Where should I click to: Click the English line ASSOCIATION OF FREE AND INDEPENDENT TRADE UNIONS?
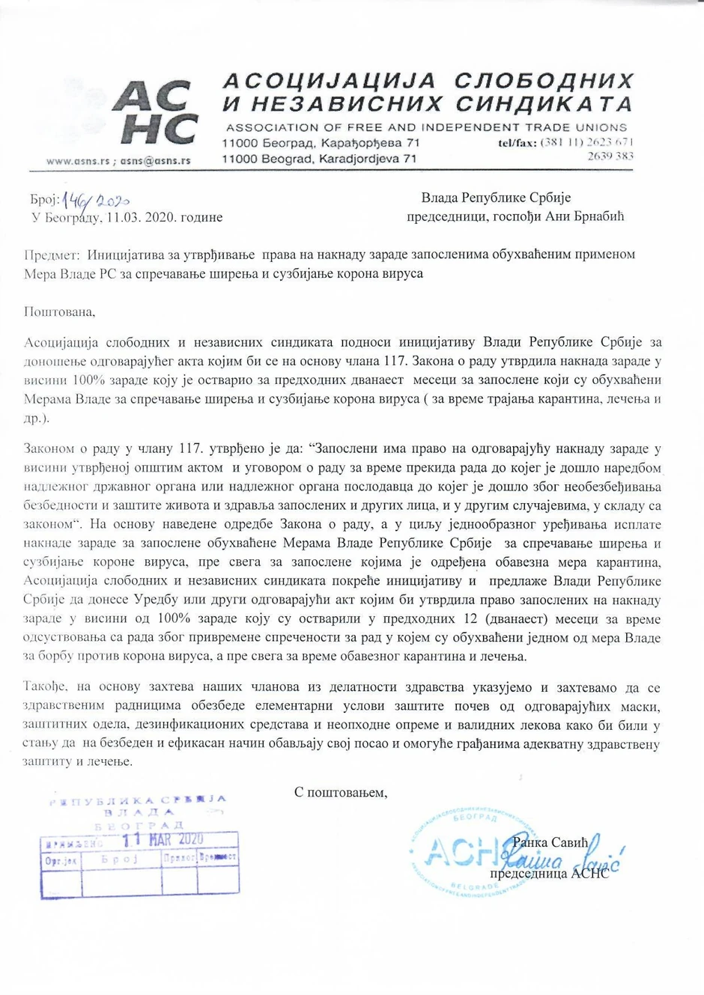(x=426, y=127)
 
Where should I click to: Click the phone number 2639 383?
(x=610, y=156)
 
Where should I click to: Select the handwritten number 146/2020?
(x=97, y=200)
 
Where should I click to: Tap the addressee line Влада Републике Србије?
(x=496, y=198)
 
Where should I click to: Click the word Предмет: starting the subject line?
(x=52, y=255)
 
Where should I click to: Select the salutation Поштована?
(x=60, y=311)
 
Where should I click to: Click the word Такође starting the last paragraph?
(x=46, y=687)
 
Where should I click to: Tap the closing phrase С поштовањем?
(x=341, y=792)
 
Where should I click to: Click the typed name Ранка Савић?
(x=550, y=843)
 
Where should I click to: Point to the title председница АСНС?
(x=549, y=873)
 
